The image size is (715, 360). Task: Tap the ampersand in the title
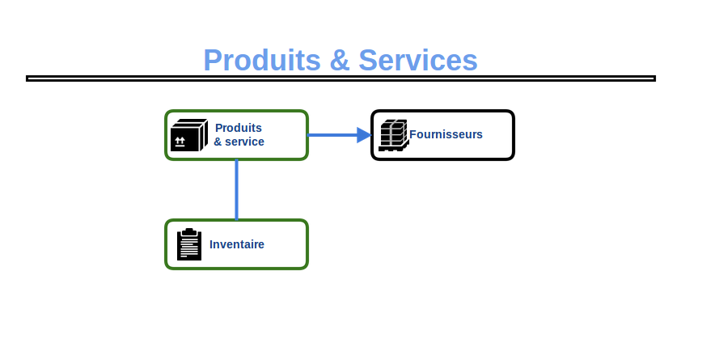338,61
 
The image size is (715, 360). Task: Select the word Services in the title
417,61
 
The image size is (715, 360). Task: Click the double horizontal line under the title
341,78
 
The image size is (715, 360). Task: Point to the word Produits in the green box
239,128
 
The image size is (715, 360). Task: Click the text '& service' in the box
239,142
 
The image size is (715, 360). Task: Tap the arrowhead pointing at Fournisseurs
364,135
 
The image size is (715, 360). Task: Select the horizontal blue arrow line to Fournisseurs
332,135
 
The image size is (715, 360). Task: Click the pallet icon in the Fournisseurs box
393,135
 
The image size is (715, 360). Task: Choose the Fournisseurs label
446,134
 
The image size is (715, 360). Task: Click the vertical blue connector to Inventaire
236,189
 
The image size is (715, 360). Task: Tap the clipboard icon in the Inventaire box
189,244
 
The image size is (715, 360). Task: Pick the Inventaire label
237,244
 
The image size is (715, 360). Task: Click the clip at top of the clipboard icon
189,231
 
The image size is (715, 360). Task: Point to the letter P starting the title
213,61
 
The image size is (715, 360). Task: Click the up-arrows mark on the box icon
180,141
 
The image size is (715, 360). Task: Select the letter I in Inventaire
212,244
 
